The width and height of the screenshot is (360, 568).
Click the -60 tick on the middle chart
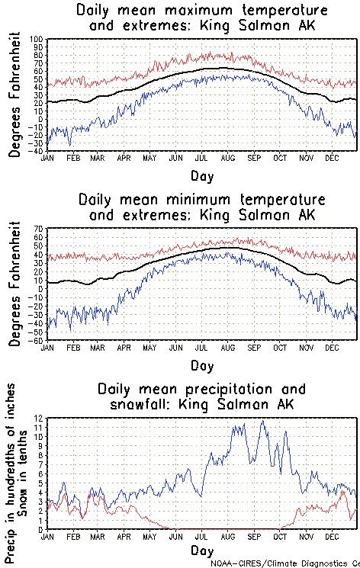click(37, 341)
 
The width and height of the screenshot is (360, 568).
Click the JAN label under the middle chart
click(47, 348)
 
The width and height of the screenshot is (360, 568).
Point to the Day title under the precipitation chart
click(202, 550)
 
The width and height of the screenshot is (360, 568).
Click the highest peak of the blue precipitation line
click(263, 421)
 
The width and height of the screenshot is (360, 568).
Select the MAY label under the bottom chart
click(149, 536)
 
